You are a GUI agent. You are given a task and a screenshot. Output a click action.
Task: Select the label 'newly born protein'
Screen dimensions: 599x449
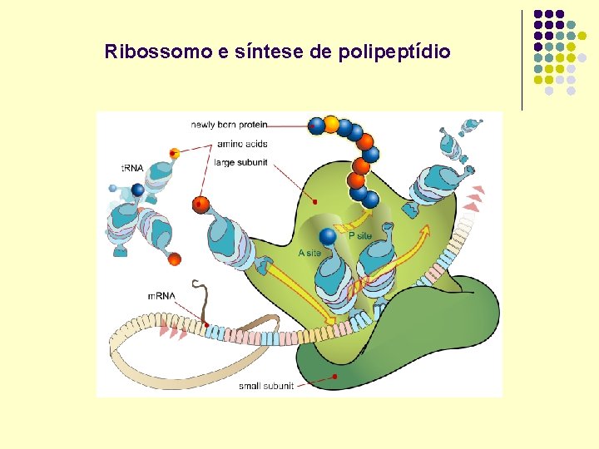pyautogui.click(x=229, y=125)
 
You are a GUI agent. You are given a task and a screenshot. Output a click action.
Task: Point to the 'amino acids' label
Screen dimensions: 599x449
pyautogui.click(x=242, y=144)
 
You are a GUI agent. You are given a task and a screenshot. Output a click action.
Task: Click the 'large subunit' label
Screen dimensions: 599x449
pyautogui.click(x=240, y=162)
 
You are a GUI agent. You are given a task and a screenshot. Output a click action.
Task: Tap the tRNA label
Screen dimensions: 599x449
pyautogui.click(x=132, y=168)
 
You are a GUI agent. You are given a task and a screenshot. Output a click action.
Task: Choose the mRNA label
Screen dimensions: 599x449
pyautogui.click(x=161, y=296)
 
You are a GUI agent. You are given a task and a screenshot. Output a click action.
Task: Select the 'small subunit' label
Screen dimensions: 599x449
pyautogui.click(x=266, y=386)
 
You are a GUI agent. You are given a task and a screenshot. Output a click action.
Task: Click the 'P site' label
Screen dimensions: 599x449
pyautogui.click(x=360, y=235)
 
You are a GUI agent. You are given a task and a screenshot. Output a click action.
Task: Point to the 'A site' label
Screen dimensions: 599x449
pyautogui.click(x=309, y=253)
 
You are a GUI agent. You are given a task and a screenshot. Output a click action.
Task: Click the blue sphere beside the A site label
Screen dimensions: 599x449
pyautogui.click(x=328, y=237)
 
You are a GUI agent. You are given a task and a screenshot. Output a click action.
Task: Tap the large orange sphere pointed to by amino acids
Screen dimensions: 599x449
pyautogui.click(x=200, y=204)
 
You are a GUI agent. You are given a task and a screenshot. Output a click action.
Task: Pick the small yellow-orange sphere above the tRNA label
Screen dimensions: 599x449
pyautogui.click(x=175, y=154)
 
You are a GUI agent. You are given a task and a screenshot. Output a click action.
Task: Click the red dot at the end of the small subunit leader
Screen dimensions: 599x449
pyautogui.click(x=334, y=377)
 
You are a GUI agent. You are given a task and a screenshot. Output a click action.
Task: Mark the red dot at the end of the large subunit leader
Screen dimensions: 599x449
pyautogui.click(x=314, y=201)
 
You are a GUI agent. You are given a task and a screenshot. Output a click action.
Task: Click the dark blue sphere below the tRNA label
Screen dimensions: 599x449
pyautogui.click(x=138, y=190)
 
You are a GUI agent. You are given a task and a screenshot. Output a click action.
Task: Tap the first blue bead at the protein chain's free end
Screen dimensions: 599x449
pyautogui.click(x=316, y=126)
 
